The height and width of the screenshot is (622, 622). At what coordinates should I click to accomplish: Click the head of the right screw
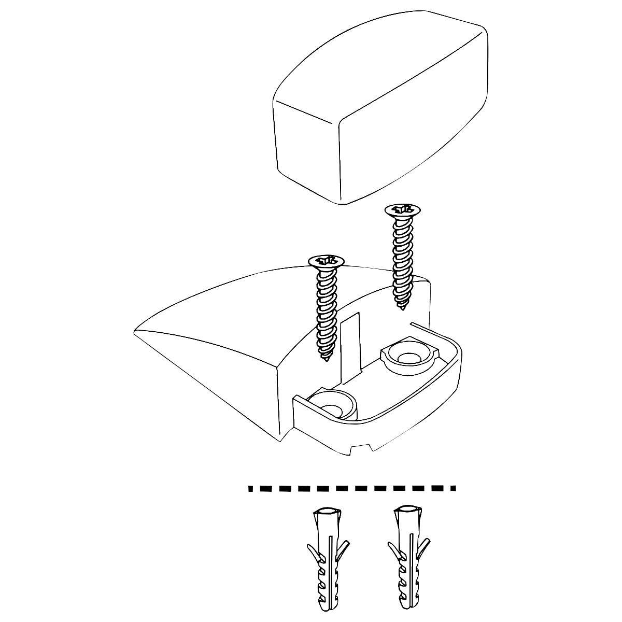pyautogui.click(x=403, y=210)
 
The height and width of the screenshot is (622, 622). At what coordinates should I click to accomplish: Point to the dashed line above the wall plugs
pyautogui.click(x=352, y=488)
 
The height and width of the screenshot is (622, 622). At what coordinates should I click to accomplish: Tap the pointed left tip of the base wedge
pyautogui.click(x=135, y=330)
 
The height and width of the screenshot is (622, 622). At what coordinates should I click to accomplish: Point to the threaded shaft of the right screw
pyautogui.click(x=402, y=259)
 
